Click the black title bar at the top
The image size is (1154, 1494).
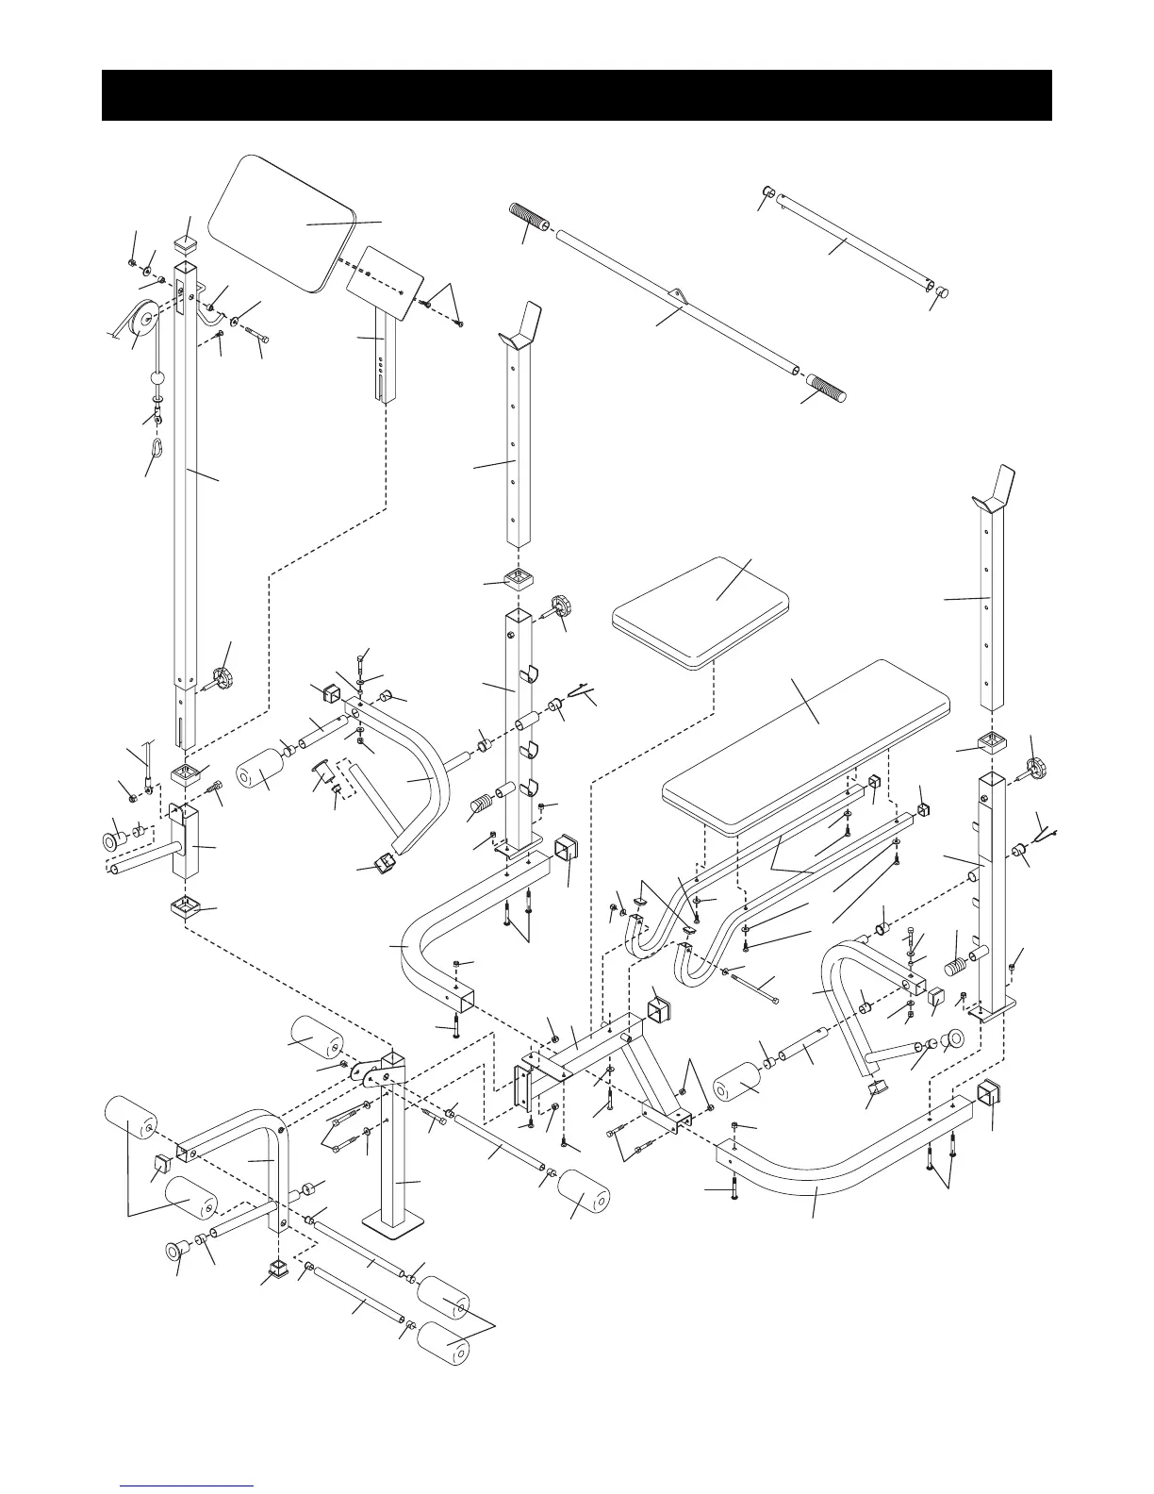pos(576,94)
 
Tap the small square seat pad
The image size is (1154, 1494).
pos(700,610)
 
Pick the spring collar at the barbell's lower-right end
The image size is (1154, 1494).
pos(827,389)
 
